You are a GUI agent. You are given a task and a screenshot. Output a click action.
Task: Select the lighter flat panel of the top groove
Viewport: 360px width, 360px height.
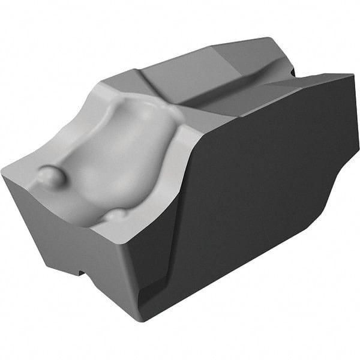coord(180,78)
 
